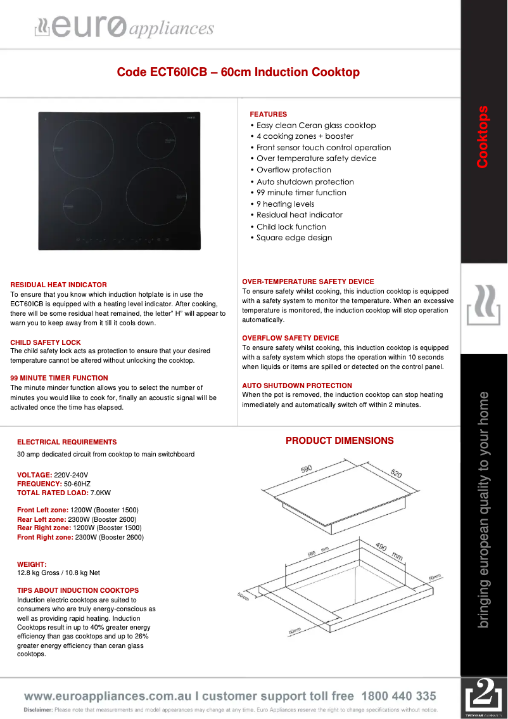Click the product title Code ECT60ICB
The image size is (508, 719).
pos(238,72)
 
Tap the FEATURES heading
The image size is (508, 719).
pos(268,114)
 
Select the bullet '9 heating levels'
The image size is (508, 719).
pos(285,204)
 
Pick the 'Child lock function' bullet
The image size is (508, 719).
pos(291,226)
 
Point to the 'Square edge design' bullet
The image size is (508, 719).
pos(294,238)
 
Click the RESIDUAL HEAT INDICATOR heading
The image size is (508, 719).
pos(58,285)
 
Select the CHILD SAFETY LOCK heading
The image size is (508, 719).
pos(46,342)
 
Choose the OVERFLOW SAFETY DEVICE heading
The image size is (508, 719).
pos(290,338)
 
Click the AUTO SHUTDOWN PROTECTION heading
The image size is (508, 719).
pos(296,385)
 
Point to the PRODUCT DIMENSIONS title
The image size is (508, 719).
pos(340,441)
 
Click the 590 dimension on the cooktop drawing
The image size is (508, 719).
pos(307,469)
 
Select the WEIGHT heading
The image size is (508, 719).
pos(32,564)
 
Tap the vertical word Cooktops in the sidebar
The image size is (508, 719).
pos(483,136)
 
